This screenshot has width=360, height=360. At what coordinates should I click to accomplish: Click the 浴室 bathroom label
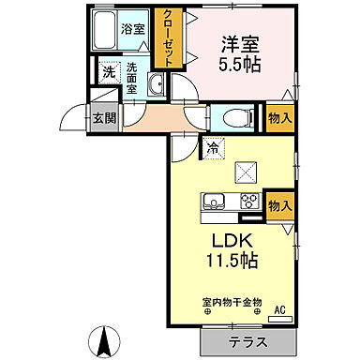[x=133, y=29]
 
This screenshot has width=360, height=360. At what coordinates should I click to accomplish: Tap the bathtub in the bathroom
[x=106, y=31]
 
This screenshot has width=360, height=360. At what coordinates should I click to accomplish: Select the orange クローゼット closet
[x=168, y=38]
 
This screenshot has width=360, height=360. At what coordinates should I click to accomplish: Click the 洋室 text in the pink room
[x=241, y=43]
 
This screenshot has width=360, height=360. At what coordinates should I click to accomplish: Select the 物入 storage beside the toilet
[x=278, y=118]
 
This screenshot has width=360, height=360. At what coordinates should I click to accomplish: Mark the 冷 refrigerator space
[x=214, y=146]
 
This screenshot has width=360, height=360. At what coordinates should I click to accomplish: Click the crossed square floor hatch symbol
[x=221, y=172]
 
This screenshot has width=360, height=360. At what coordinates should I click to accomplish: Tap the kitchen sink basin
[x=213, y=202]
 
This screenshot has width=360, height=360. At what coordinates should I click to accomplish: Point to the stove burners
[x=248, y=201]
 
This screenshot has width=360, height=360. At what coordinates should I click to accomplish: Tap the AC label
[x=279, y=310]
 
